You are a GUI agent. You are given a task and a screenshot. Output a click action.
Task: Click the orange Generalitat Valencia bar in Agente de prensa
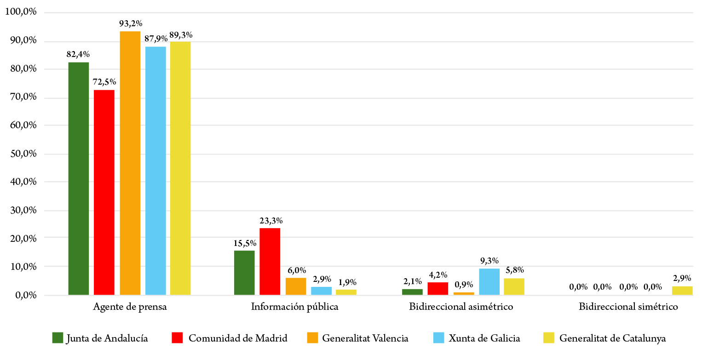[130, 163]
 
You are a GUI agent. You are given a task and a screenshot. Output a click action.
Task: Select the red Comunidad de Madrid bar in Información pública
[270, 261]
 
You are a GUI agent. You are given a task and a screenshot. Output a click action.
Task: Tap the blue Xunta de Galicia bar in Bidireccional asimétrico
[489, 281]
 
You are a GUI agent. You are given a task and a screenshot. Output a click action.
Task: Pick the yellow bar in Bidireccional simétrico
[682, 291]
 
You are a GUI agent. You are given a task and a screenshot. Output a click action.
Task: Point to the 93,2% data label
[130, 23]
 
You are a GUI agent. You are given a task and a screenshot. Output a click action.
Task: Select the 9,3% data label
[489, 261]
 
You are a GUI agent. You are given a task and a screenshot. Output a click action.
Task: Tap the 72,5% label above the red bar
[105, 82]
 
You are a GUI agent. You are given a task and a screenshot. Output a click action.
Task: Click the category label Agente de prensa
[130, 307]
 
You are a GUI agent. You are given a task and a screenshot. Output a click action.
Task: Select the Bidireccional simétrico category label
[628, 307]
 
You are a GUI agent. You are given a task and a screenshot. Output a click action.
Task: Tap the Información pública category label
[294, 307]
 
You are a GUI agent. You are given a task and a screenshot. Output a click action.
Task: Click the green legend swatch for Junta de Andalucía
[58, 338]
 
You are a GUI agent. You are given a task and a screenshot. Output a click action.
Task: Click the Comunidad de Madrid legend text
[238, 338]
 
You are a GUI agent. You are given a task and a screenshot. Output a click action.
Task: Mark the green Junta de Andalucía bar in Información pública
[244, 273]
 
